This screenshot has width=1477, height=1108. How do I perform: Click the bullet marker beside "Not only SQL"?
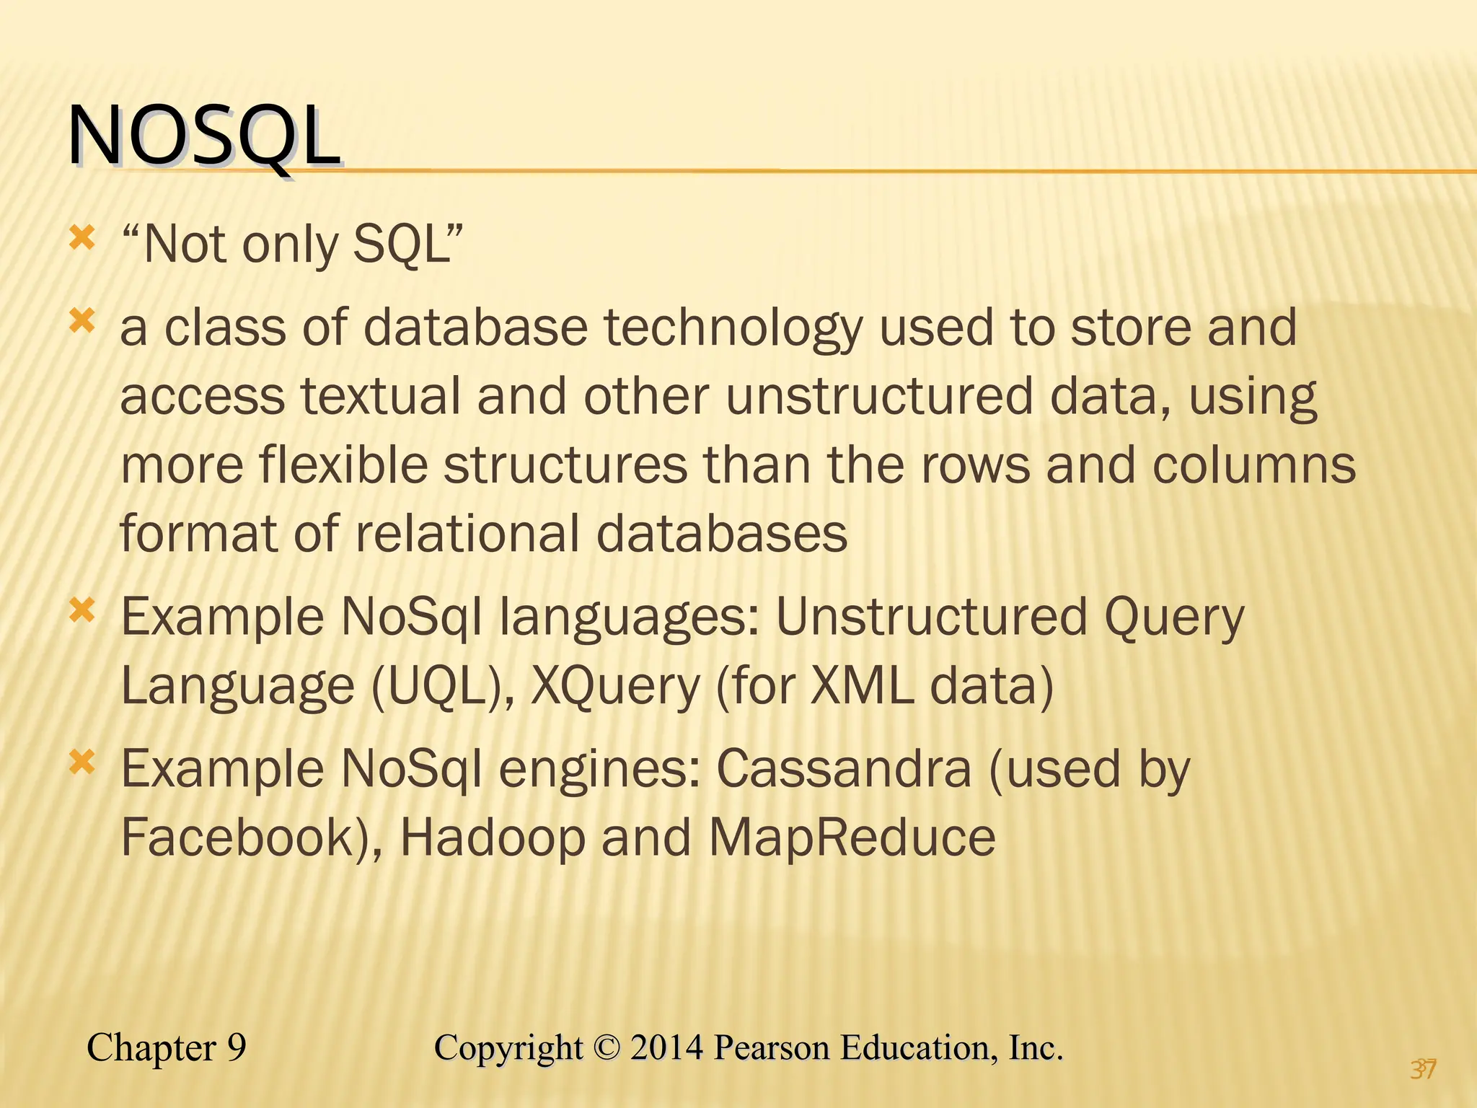point(82,238)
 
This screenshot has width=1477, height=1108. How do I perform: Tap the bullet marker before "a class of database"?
point(82,321)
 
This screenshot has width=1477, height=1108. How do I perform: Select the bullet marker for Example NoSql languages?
point(82,611)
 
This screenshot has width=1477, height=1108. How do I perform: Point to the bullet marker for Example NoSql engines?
point(82,762)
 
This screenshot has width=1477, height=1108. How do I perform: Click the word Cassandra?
point(844,769)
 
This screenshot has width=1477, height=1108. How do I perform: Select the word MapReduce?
point(852,837)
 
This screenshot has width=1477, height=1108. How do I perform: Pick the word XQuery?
point(615,686)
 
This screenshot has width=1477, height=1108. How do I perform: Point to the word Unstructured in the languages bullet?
point(931,617)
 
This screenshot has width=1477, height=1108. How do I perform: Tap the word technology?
point(733,329)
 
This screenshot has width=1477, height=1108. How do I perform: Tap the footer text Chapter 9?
point(167,1047)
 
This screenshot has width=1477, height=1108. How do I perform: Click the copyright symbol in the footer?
point(607,1048)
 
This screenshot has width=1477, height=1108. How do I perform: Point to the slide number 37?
point(1424,1068)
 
